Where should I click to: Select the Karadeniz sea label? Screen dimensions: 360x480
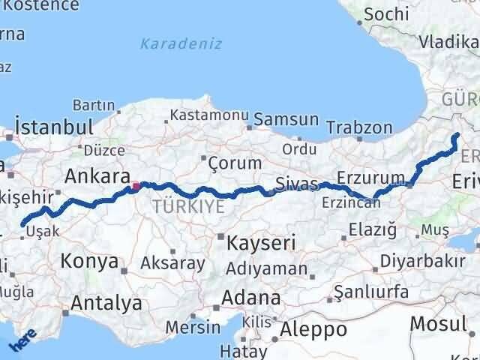pyautogui.click(x=183, y=43)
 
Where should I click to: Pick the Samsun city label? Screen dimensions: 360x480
pyautogui.click(x=286, y=120)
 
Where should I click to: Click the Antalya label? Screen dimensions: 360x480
pyautogui.click(x=106, y=304)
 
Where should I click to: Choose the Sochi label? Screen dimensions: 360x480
pyautogui.click(x=386, y=13)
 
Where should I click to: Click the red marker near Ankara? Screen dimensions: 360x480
pyautogui.click(x=136, y=186)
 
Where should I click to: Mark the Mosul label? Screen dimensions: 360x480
pyautogui.click(x=438, y=325)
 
